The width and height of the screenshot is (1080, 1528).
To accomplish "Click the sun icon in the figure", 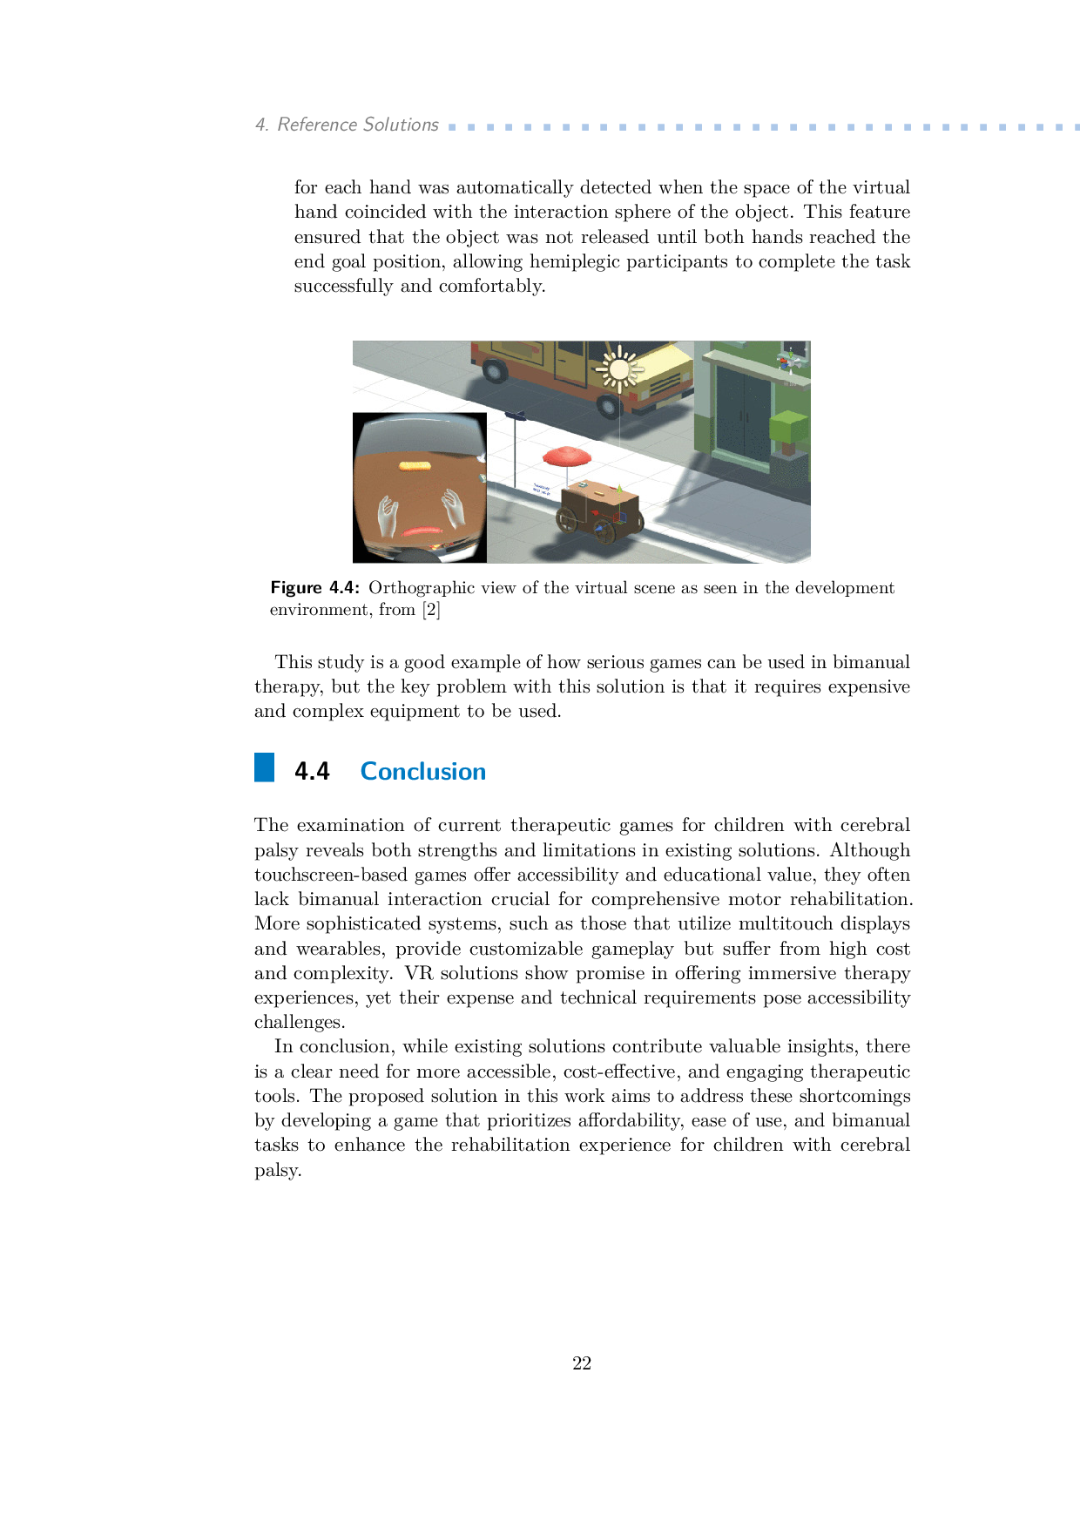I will pos(619,369).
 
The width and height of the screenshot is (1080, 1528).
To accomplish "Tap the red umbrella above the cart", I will pos(566,456).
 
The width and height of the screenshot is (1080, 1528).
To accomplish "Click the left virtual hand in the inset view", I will pos(388,516).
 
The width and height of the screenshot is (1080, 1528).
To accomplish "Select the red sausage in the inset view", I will pos(422,531).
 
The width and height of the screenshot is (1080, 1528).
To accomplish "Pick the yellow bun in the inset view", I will pos(415,467).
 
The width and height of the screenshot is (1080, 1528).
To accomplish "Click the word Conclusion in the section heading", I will pos(423,772).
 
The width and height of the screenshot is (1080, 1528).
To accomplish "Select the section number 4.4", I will pos(312,772).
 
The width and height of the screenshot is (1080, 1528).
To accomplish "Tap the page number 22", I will pos(582,1363).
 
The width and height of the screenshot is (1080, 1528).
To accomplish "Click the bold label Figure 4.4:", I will pos(314,588).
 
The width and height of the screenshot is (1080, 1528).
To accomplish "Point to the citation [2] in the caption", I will pos(431,610).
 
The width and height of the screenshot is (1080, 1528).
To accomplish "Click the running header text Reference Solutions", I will pos(357,125).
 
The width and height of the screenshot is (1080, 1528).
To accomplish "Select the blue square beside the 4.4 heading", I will pos(264,767).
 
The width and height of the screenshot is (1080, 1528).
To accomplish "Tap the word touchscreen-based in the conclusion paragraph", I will pos(331,875).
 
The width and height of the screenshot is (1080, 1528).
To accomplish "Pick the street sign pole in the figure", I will pos(516,449).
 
